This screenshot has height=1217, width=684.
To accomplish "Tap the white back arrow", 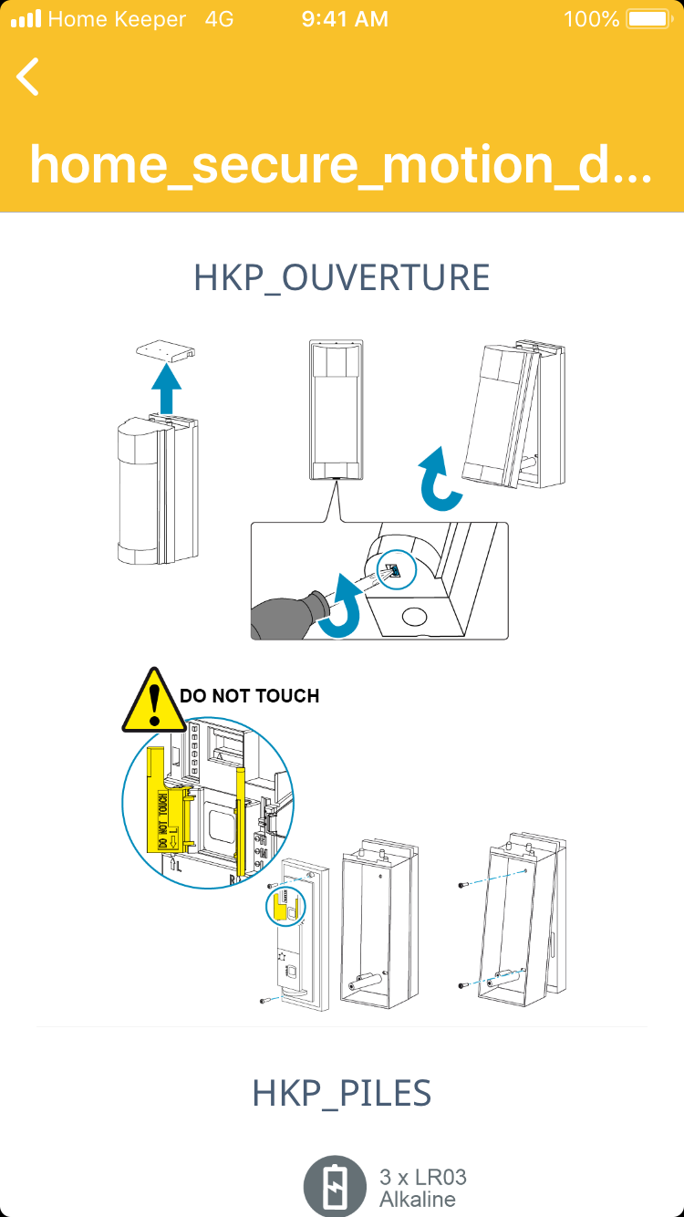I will [28, 77].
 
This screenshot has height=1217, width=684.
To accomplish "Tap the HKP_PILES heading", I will [342, 1093].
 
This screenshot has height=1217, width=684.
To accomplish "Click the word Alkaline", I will [418, 1200].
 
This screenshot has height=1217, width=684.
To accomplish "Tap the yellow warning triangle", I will [154, 701].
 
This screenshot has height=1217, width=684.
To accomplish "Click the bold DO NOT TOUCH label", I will [249, 696].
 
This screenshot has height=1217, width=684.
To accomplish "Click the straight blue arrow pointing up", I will [166, 390].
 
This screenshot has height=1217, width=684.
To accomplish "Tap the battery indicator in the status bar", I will [647, 19].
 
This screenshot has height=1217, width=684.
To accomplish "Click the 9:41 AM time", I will [345, 19].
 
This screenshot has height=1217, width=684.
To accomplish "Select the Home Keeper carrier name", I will [117, 19].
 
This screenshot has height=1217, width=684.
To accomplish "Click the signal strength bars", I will [26, 19].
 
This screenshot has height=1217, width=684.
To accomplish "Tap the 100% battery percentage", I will [592, 19].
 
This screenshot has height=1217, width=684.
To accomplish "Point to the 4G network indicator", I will [220, 19].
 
